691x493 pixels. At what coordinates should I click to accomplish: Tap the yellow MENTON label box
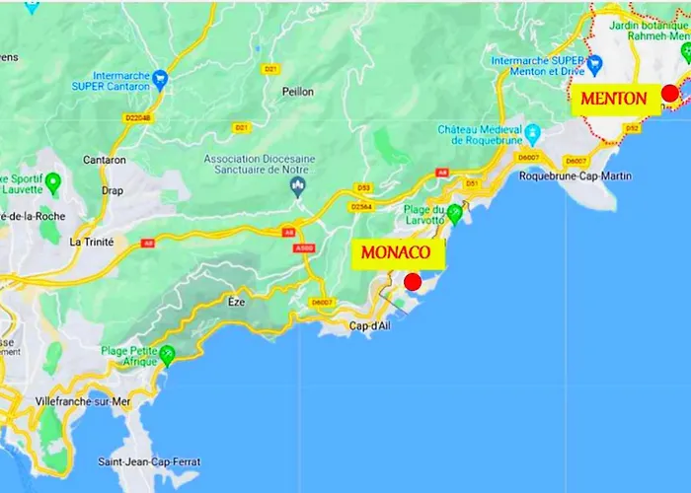coord(613,99)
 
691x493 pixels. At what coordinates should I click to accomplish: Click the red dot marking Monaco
coord(414,282)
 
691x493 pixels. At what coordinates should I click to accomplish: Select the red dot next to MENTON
coord(669,93)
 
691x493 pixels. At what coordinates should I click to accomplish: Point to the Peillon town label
coord(297,92)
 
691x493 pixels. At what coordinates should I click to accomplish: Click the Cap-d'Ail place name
coord(370,327)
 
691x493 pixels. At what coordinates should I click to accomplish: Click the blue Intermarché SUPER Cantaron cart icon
coord(160,77)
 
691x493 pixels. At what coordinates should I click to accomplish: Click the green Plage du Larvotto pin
coord(455,211)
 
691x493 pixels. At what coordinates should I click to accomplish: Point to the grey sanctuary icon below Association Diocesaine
coord(297,190)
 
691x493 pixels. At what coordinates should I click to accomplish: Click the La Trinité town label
coord(92,242)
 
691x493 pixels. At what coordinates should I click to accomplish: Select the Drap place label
coord(113,191)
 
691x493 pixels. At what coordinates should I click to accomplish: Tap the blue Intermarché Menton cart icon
coord(596,64)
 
